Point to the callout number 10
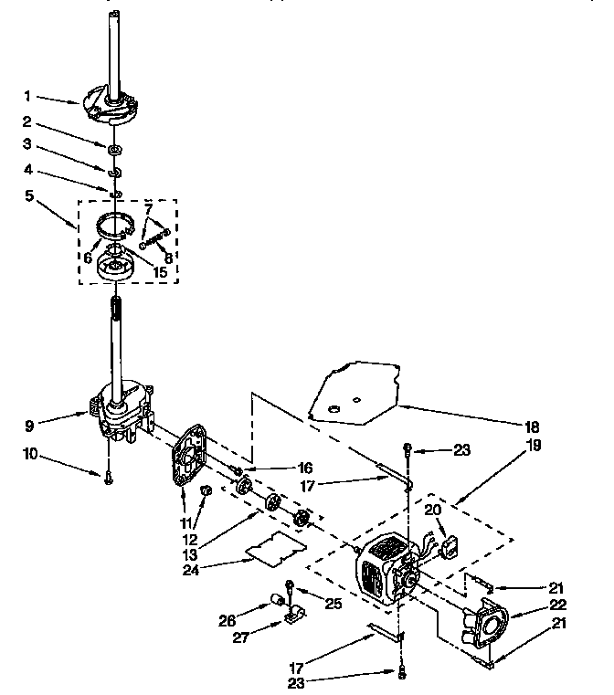(31, 452)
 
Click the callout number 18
(533, 427)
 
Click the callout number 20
(433, 511)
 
